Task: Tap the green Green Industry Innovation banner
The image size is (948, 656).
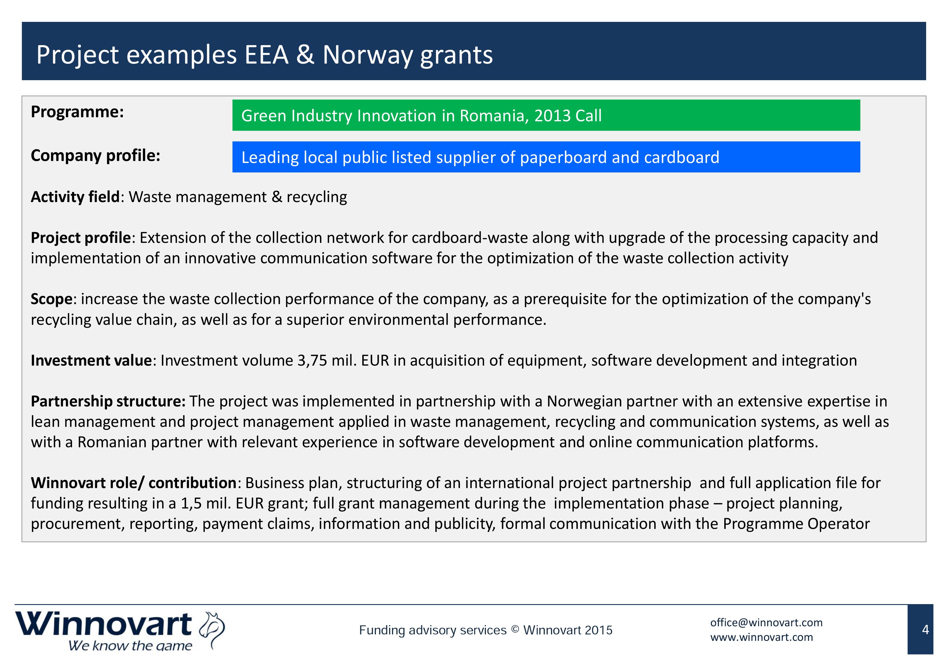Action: [546, 115]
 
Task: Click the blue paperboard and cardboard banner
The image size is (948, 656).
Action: [546, 157]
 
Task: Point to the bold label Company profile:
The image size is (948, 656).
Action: [95, 156]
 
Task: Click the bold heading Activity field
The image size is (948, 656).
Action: [75, 197]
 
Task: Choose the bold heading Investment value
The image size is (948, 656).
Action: [92, 360]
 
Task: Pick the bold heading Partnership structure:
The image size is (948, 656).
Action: [109, 401]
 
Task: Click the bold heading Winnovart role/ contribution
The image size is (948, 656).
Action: [134, 483]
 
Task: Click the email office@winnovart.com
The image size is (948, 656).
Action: [766, 623]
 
